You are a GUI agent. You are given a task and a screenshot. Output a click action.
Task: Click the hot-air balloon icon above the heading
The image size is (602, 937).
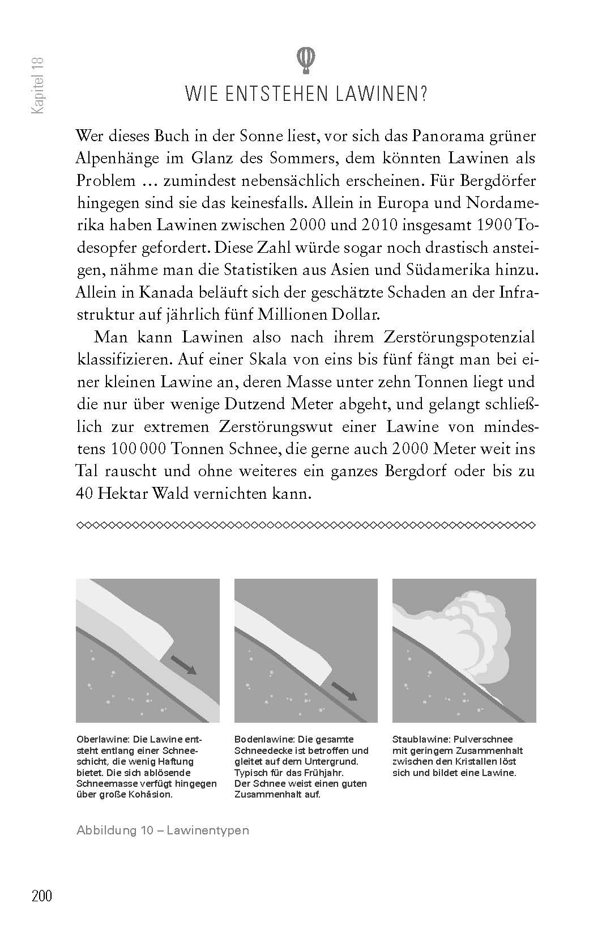click(306, 60)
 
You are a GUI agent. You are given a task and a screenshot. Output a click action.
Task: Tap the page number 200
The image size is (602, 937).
click(42, 896)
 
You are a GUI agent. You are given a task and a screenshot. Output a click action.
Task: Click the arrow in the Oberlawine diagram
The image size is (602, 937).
click(184, 664)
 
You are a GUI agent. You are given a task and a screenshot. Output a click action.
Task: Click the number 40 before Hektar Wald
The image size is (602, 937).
click(84, 493)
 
